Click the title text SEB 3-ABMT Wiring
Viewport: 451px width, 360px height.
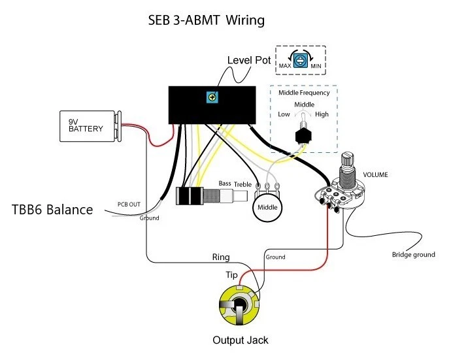[207, 21]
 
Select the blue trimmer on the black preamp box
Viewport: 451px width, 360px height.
[212, 97]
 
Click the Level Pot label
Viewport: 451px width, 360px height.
[248, 60]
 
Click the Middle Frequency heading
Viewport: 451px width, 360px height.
[304, 93]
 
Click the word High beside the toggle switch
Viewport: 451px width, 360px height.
[322, 114]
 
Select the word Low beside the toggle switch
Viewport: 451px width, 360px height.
[284, 114]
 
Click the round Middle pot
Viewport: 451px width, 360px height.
[267, 207]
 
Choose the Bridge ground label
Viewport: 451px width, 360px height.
[413, 254]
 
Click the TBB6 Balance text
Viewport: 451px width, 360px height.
[52, 210]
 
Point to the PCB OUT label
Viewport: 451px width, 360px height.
[129, 205]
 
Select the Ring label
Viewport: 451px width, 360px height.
[220, 257]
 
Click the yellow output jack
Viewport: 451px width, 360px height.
[239, 308]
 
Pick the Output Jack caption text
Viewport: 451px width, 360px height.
[240, 340]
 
